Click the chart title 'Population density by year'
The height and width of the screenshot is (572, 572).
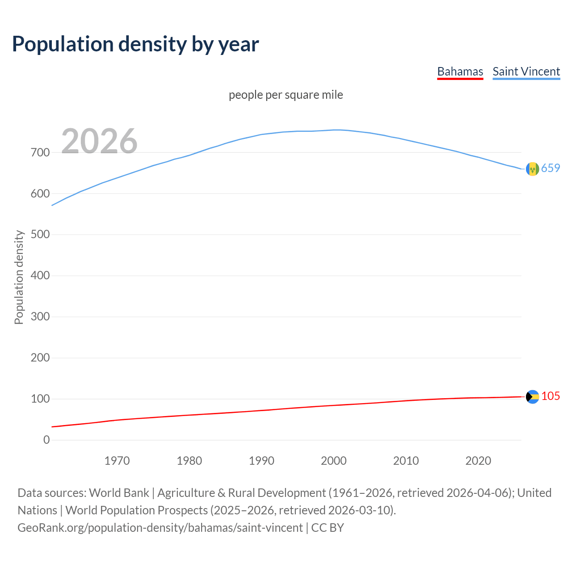pos(135,44)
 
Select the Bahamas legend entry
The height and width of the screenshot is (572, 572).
pos(460,71)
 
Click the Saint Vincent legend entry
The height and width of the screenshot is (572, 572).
pos(526,71)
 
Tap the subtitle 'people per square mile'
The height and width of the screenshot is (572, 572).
pos(286,95)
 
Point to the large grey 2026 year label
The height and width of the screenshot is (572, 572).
pos(99,141)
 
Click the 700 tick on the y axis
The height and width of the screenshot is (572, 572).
pos(40,153)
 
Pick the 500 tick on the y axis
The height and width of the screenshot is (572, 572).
pos(40,235)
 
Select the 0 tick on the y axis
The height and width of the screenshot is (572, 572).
pos(46,440)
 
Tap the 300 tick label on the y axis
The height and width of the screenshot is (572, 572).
pos(40,317)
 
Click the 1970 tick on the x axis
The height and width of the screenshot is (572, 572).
pos(117,461)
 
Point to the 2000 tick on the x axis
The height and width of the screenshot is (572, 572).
pos(334,461)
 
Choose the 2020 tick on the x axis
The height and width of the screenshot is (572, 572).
pos(478,461)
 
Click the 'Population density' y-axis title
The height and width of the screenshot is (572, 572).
pos(19,277)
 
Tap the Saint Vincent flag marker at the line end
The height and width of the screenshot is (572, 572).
pos(532,169)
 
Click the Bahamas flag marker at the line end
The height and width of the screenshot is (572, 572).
pos(532,397)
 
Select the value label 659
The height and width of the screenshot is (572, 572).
pos(551,168)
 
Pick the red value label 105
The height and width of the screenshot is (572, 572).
pos(551,396)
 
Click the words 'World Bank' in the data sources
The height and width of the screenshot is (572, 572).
pos(119,493)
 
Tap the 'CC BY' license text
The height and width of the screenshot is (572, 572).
pos(328,528)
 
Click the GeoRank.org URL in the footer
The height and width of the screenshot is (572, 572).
pos(160,528)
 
